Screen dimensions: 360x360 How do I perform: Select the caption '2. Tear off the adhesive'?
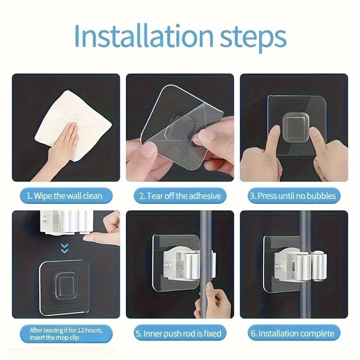coord(180,196)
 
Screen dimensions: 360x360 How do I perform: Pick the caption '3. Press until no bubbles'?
coord(293,196)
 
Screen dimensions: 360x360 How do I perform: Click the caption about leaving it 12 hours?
coord(66,333)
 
